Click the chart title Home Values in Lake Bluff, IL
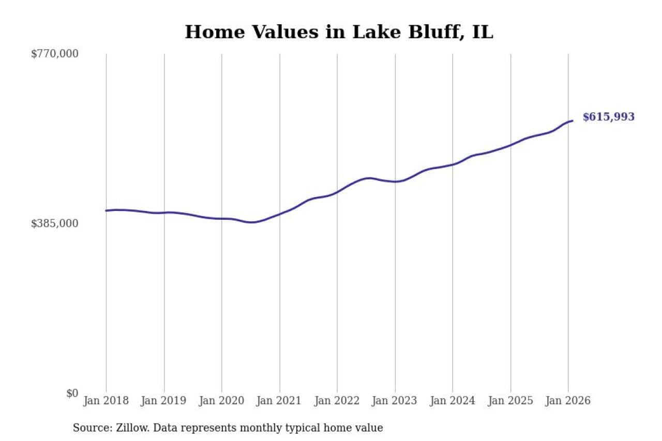pyautogui.click(x=339, y=32)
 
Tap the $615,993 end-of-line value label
pyautogui.click(x=608, y=117)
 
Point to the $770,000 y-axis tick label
pyautogui.click(x=55, y=54)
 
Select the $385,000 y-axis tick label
pyautogui.click(x=55, y=223)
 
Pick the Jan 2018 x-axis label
pyautogui.click(x=106, y=401)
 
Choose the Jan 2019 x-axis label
pyautogui.click(x=164, y=401)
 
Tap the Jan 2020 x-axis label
pyautogui.click(x=221, y=401)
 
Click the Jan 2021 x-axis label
pyautogui.click(x=279, y=401)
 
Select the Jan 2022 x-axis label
pyautogui.click(x=337, y=401)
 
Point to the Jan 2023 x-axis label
pyautogui.click(x=395, y=401)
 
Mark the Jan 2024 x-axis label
pyautogui.click(x=453, y=401)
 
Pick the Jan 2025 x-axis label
pyautogui.click(x=510, y=401)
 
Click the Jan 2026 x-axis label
pyautogui.click(x=568, y=401)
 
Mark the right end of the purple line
pyautogui.click(x=572, y=121)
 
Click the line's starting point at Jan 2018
pyautogui.click(x=106, y=210)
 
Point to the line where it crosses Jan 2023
pyautogui.click(x=395, y=181)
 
